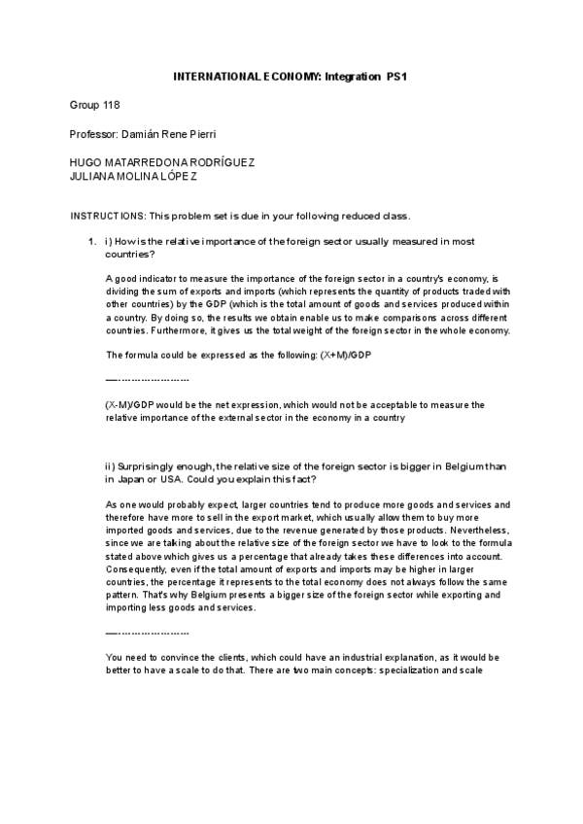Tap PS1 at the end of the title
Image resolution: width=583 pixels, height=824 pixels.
pyautogui.click(x=396, y=75)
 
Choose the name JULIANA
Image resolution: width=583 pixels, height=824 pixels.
pyautogui.click(x=94, y=176)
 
